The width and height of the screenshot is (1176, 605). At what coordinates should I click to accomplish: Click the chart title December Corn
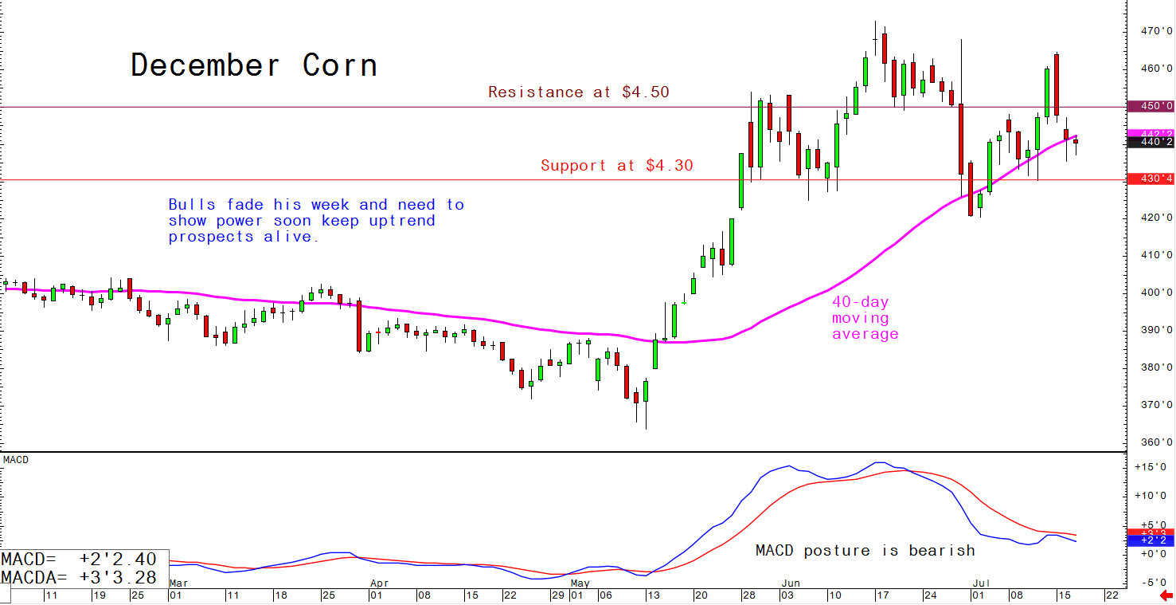click(254, 65)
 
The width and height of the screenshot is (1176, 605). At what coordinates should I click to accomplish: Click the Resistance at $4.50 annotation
click(578, 92)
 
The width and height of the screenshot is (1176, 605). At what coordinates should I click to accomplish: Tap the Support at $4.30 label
click(616, 166)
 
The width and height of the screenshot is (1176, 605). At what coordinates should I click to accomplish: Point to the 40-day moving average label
click(865, 318)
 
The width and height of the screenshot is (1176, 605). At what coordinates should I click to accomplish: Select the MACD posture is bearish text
click(865, 550)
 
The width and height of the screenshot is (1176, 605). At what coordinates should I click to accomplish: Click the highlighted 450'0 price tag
click(1151, 106)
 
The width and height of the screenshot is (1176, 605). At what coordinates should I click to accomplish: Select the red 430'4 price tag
click(1151, 179)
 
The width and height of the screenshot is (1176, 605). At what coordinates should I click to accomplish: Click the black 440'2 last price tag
click(1151, 143)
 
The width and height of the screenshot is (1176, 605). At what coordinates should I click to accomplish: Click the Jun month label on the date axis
click(788, 582)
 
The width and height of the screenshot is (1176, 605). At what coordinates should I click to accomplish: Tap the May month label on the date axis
click(580, 582)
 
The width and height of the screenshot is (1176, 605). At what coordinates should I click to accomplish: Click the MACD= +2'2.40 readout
click(80, 560)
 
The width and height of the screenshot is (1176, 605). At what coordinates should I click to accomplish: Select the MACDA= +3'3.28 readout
click(80, 576)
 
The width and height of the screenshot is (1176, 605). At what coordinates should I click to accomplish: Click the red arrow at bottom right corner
click(1166, 596)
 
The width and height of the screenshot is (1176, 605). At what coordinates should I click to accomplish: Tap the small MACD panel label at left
click(15, 460)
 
